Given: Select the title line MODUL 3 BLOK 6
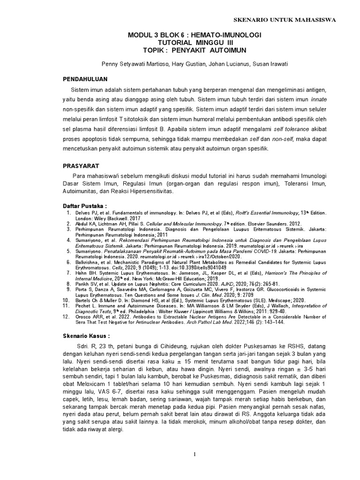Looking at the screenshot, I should pyautogui.click(x=195, y=35).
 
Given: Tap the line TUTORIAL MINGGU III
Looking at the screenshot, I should pyautogui.click(x=195, y=42).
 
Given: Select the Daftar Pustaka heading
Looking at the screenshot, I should pyautogui.click(x=85, y=206).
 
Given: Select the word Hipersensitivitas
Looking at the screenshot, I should pyautogui.click(x=150, y=192).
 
